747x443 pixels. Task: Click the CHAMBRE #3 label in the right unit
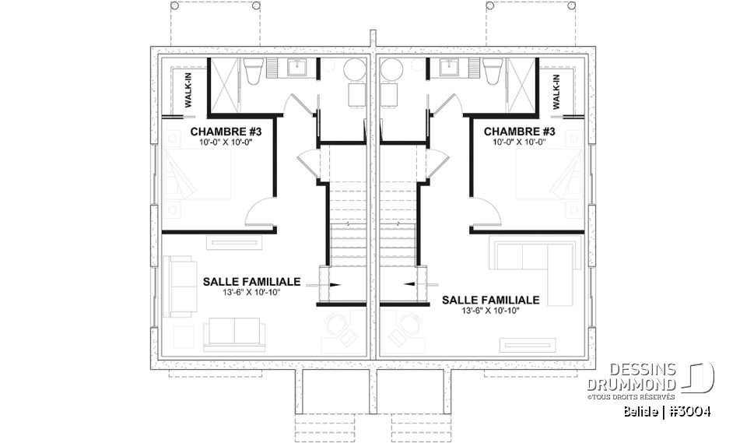tap(519, 132)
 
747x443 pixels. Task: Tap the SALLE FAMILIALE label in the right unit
tap(491, 300)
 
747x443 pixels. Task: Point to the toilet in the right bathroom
tap(492, 72)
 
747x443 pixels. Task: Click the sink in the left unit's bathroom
tap(297, 69)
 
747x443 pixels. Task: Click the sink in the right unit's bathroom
tap(449, 69)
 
